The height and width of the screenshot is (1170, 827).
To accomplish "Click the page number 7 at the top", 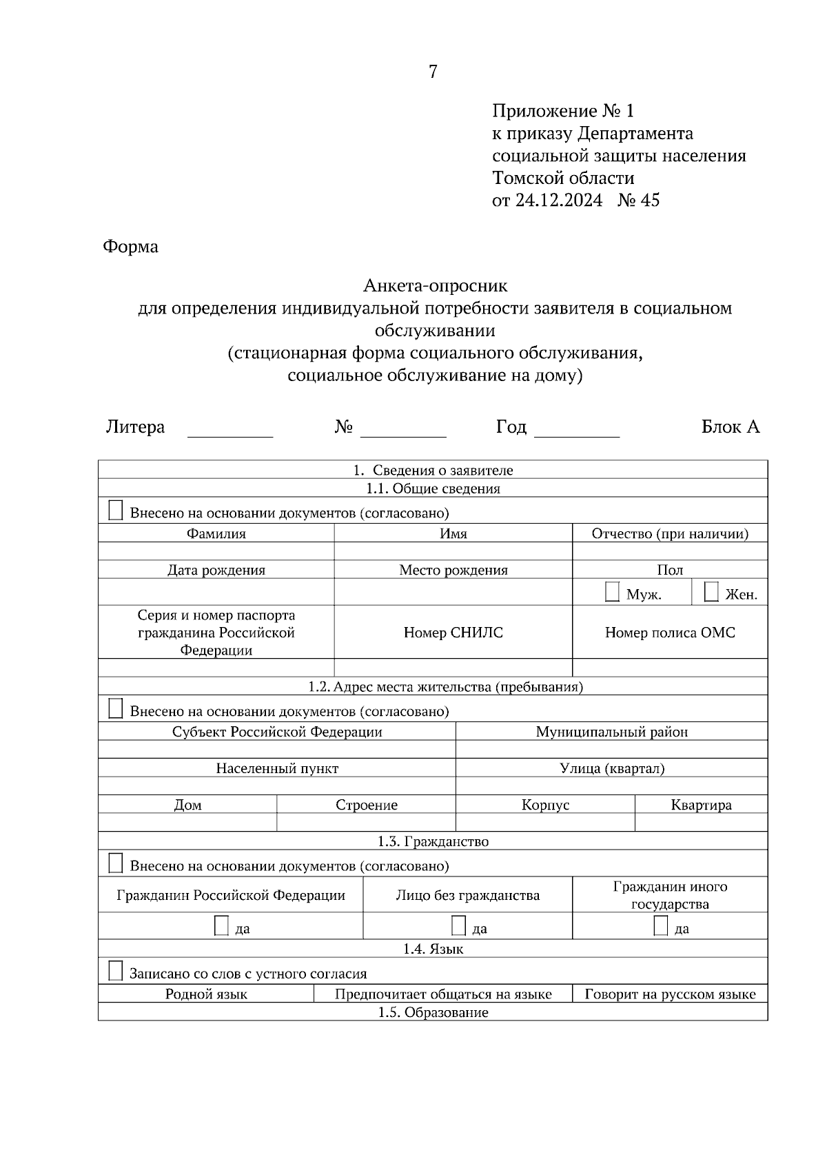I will point(433,72).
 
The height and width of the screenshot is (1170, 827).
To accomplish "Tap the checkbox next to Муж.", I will point(612,592).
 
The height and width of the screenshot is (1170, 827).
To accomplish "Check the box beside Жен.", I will point(711,592).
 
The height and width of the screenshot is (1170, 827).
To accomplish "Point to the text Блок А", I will point(730,427).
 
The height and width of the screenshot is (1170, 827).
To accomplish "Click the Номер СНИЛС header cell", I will point(453,633).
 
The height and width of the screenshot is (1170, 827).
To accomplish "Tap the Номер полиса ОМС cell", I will point(670,633).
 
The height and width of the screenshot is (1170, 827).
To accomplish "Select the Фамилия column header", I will point(216,533).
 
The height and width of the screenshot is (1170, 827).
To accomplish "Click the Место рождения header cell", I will point(453,570).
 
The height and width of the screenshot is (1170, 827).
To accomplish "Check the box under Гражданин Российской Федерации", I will point(221,925).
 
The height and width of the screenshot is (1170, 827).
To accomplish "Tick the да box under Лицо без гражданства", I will point(458,925).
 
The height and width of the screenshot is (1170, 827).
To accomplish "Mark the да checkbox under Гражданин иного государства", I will point(660,925).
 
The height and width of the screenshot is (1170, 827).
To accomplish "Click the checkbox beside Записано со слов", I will point(116,972).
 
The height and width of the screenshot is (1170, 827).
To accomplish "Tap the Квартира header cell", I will point(701,805).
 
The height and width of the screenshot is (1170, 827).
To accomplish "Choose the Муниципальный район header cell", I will point(611,732).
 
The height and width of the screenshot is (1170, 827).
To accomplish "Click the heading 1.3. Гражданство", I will point(433,841).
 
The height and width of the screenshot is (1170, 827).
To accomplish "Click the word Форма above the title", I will point(130,247).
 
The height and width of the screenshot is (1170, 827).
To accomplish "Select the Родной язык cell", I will point(206,994).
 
